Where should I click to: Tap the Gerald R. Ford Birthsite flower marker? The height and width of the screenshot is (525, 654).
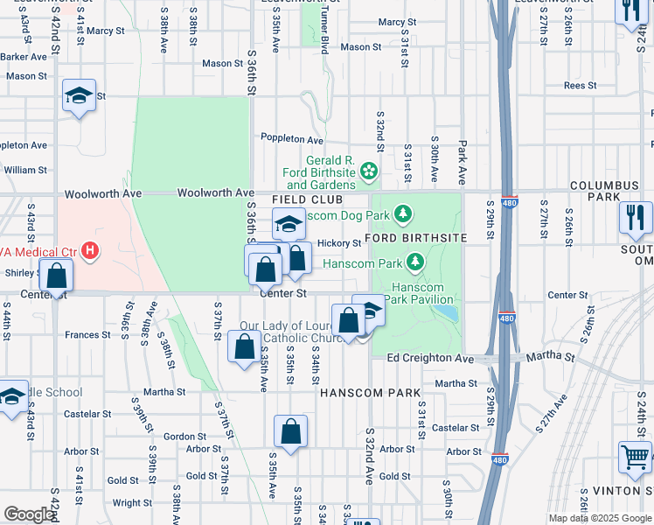(x=369, y=172)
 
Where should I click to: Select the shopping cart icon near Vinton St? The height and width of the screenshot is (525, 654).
(x=634, y=456)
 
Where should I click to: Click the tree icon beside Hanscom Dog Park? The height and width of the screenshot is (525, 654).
(x=403, y=213)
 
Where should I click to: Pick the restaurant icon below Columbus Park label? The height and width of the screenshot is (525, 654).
(x=634, y=216)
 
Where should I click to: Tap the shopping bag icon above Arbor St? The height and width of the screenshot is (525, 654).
(x=290, y=431)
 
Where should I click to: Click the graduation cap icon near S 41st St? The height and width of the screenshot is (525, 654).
(x=79, y=95)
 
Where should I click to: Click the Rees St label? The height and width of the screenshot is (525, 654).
(x=580, y=86)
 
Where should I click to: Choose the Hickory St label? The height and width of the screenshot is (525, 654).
(x=339, y=243)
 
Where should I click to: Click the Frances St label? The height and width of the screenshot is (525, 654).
(x=87, y=334)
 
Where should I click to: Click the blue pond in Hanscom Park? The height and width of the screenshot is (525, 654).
(x=445, y=311)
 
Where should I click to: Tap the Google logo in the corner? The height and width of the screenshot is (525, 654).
(x=29, y=514)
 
